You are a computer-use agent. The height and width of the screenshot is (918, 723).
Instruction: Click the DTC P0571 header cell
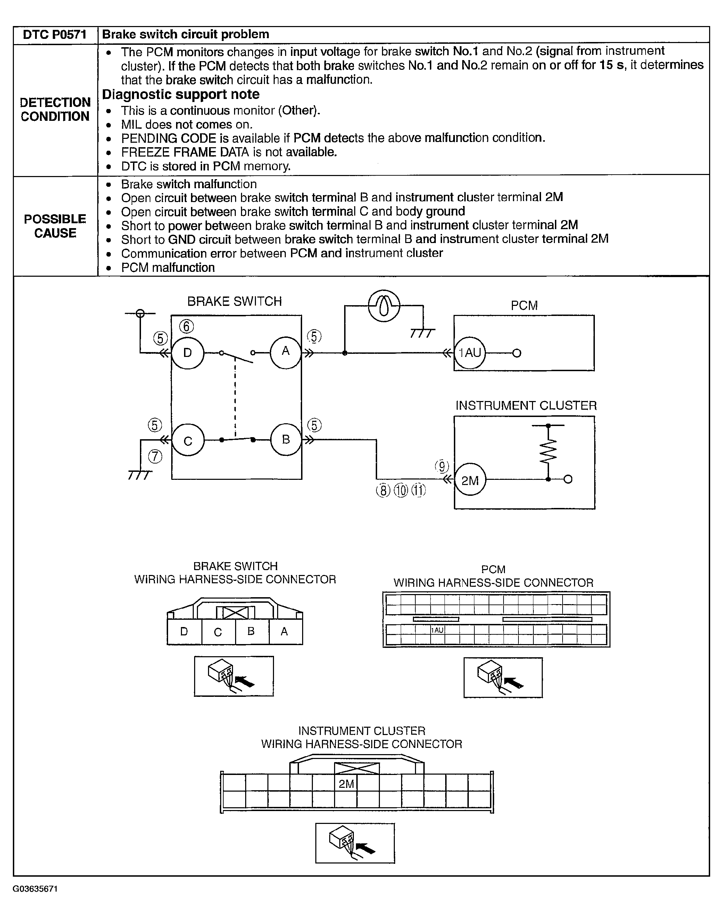tap(55, 35)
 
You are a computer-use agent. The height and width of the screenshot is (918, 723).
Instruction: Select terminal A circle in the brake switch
tap(286, 351)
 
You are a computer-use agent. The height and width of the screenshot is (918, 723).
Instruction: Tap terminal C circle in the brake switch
tap(188, 441)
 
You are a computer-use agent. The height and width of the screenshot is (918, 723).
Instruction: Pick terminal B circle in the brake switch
tap(286, 440)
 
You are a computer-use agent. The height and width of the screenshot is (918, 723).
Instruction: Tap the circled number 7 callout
tap(155, 457)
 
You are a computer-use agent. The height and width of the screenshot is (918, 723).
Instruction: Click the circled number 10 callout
tap(401, 491)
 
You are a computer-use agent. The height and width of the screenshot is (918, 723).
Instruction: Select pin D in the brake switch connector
tap(184, 632)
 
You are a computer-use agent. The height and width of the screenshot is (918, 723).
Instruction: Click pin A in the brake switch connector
tap(284, 632)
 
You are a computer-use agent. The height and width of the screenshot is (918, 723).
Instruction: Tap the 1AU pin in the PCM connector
tap(437, 630)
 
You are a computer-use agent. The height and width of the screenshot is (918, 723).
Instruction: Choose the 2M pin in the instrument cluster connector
tap(346, 784)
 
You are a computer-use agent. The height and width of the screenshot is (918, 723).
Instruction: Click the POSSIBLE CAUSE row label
tap(55, 226)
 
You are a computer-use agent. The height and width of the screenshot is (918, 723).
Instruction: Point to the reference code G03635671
tap(35, 889)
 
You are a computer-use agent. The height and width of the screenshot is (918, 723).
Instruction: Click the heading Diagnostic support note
tap(181, 94)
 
